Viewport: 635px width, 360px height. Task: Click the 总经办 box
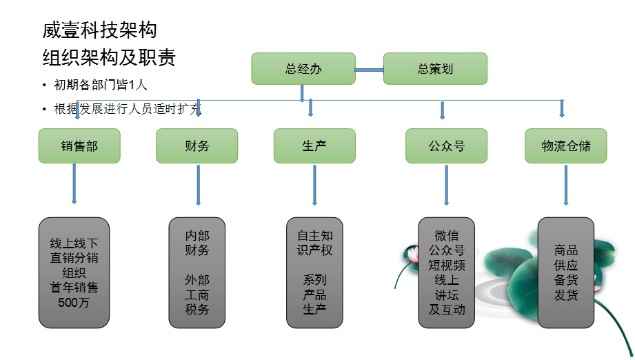[x=303, y=69]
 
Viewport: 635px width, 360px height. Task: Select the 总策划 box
[x=435, y=69]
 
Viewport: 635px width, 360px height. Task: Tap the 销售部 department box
[x=79, y=146]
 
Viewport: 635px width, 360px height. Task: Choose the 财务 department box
[x=197, y=146]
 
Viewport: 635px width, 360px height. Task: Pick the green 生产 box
[x=314, y=146]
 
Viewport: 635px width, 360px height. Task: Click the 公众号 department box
[x=446, y=146]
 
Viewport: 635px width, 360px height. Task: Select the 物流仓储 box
[x=565, y=146]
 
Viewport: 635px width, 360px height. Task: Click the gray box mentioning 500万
[x=74, y=273]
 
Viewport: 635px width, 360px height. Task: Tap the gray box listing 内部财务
[x=197, y=273]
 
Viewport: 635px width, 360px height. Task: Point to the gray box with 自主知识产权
[x=314, y=273]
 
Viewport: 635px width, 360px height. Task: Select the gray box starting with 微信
[x=446, y=273]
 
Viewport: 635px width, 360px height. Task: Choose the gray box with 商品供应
[x=565, y=273]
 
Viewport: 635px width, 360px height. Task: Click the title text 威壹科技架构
[x=99, y=30]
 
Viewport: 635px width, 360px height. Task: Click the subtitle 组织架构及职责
[x=109, y=57]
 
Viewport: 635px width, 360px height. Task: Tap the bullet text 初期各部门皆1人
[x=101, y=86]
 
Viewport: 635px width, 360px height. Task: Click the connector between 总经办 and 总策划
[x=369, y=69]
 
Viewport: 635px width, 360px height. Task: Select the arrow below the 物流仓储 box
[x=566, y=185]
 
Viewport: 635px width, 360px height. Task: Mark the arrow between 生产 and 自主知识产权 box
[x=314, y=185]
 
